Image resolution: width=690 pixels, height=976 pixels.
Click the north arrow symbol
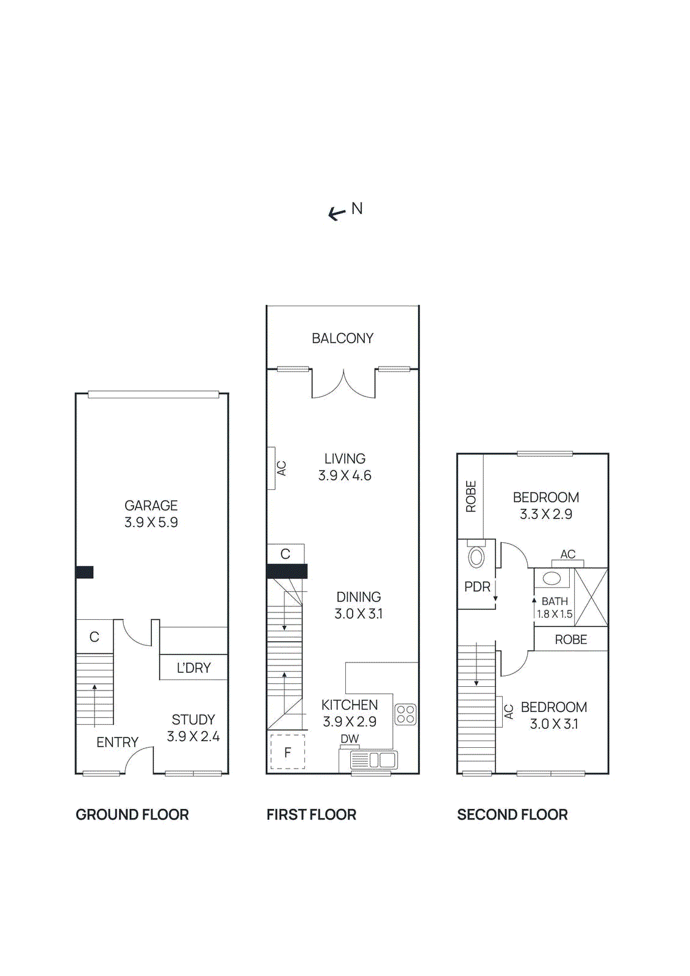[337, 213]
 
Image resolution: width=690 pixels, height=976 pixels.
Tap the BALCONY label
[342, 338]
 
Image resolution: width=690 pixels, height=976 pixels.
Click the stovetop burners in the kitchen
[406, 714]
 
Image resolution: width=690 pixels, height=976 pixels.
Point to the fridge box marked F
[287, 752]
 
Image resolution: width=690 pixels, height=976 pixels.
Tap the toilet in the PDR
[476, 556]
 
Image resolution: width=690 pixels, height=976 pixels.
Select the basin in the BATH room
[552, 578]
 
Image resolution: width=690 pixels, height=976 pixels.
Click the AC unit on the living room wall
[271, 468]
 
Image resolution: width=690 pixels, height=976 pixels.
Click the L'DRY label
[193, 668]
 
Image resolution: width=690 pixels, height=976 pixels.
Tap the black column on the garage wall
[84, 572]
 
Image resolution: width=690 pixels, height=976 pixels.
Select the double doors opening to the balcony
[343, 384]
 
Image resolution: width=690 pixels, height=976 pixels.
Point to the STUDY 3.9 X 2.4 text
[193, 728]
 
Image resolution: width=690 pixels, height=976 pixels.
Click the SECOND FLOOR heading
[512, 814]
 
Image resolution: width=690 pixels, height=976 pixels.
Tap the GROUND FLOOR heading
[132, 814]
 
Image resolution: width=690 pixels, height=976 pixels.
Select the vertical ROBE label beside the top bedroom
[470, 496]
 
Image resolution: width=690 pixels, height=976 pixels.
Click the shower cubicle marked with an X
[591, 597]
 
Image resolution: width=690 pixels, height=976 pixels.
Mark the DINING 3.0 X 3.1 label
[359, 605]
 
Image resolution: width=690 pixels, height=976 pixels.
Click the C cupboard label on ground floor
[94, 637]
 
